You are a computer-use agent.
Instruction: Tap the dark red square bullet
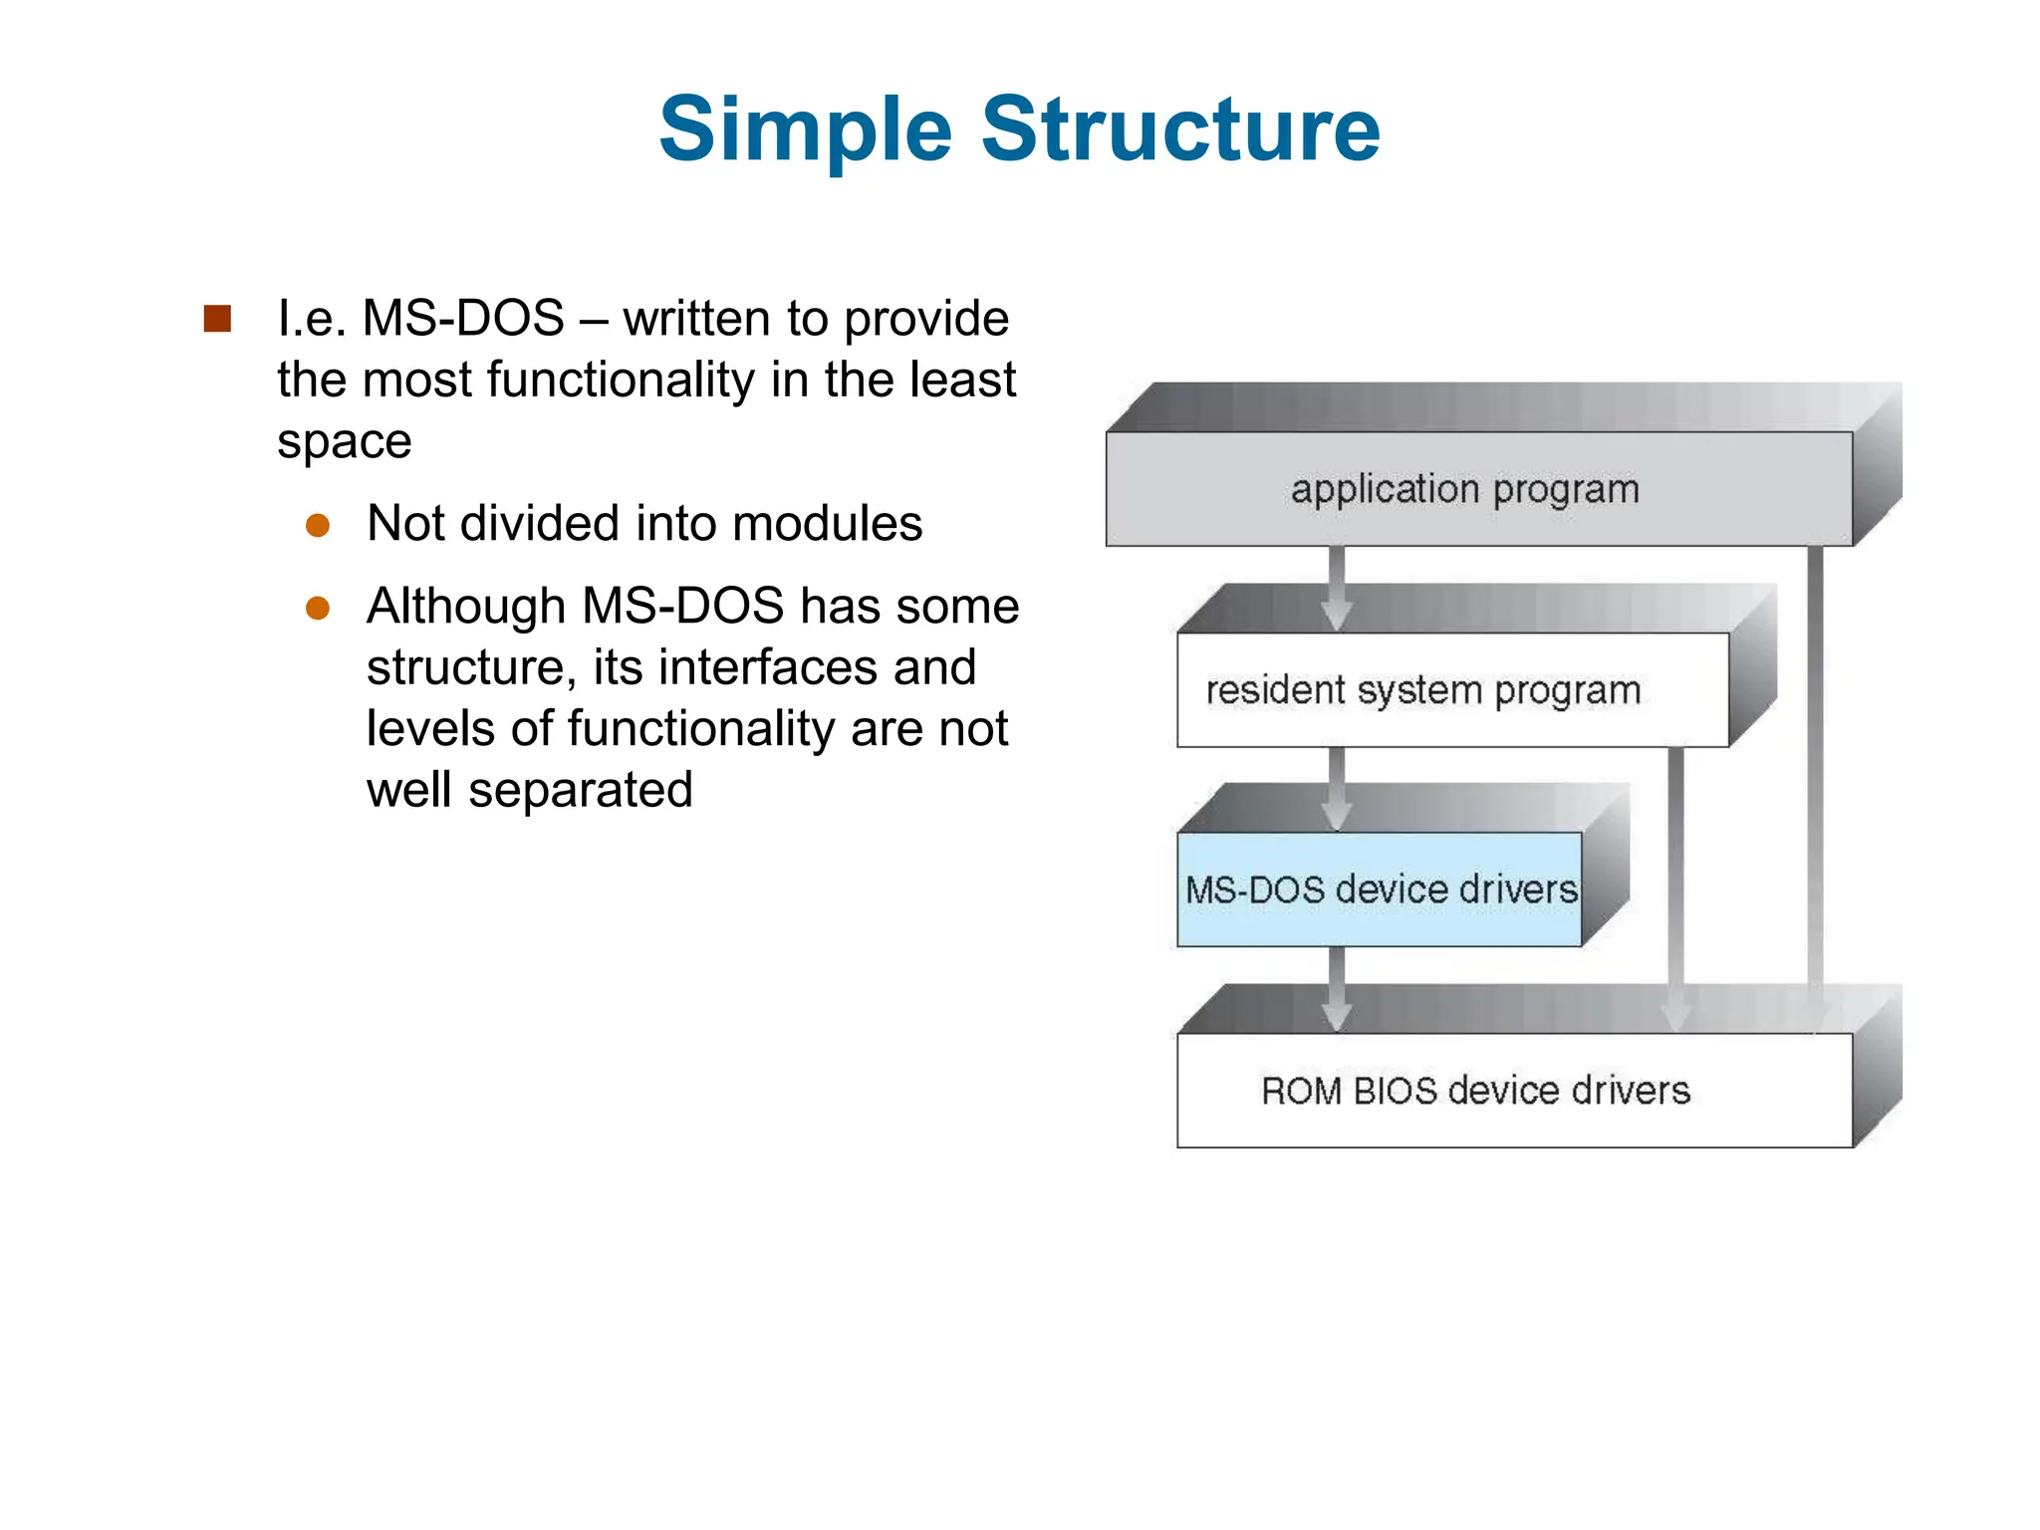click(217, 319)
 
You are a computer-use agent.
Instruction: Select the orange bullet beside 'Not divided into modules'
click(318, 525)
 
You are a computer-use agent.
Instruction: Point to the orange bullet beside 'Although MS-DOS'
click(318, 608)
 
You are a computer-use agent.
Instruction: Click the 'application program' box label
click(1464, 489)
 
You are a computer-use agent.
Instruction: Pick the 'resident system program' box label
click(1422, 690)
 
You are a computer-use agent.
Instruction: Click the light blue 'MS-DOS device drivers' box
click(1380, 890)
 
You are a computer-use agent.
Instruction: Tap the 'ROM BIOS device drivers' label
click(1475, 1091)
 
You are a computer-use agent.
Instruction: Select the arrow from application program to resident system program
click(1337, 588)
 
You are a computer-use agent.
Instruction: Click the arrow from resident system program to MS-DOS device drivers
click(1337, 788)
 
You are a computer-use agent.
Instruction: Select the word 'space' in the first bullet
click(344, 441)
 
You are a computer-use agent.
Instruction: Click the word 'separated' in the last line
click(580, 791)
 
